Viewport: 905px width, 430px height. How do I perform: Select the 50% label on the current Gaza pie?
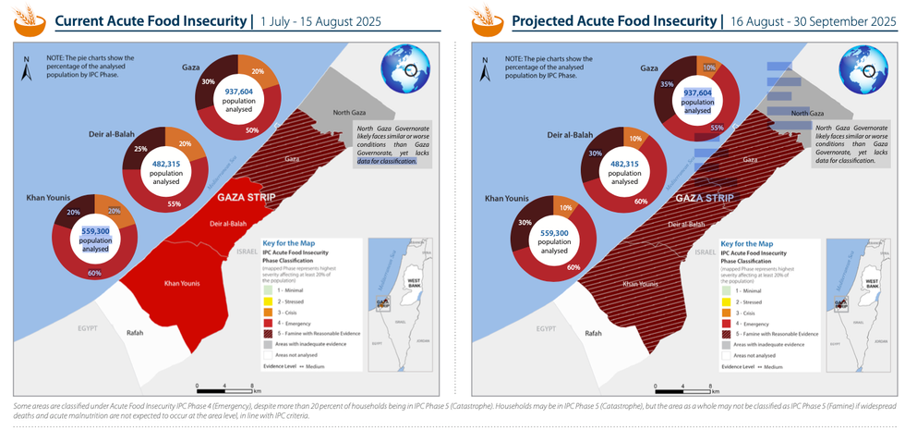pyautogui.click(x=252, y=131)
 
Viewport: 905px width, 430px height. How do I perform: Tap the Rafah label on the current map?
pyautogui.click(x=135, y=333)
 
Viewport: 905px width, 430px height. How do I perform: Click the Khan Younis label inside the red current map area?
pyautogui.click(x=183, y=283)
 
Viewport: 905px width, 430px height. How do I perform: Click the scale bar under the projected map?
pyautogui.click(x=682, y=386)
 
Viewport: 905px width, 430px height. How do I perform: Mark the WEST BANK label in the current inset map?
pyautogui.click(x=414, y=283)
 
